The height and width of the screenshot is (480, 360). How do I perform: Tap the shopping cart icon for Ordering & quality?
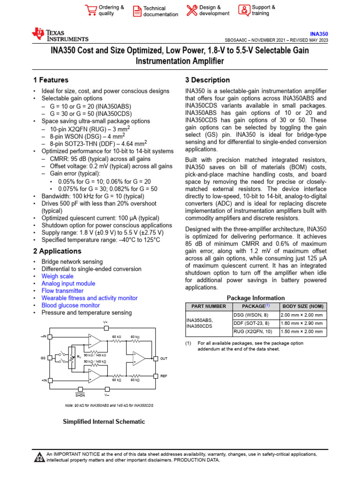coord(90,10)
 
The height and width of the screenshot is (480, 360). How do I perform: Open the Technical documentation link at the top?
coord(160,11)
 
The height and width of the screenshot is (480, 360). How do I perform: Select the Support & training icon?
coord(244,10)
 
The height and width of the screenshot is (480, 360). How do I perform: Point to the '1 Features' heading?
coord(51,80)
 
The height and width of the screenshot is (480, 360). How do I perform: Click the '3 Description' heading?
coord(208,80)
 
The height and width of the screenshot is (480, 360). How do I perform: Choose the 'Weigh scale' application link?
coord(57,276)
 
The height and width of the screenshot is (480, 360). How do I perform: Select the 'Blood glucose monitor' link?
coord(70,305)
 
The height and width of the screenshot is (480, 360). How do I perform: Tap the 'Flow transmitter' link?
coord(63,291)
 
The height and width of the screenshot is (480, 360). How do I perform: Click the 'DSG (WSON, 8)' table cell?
coord(251,315)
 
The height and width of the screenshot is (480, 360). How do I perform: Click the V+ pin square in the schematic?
coord(105,329)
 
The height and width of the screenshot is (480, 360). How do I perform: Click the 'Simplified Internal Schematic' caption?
coord(104,421)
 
